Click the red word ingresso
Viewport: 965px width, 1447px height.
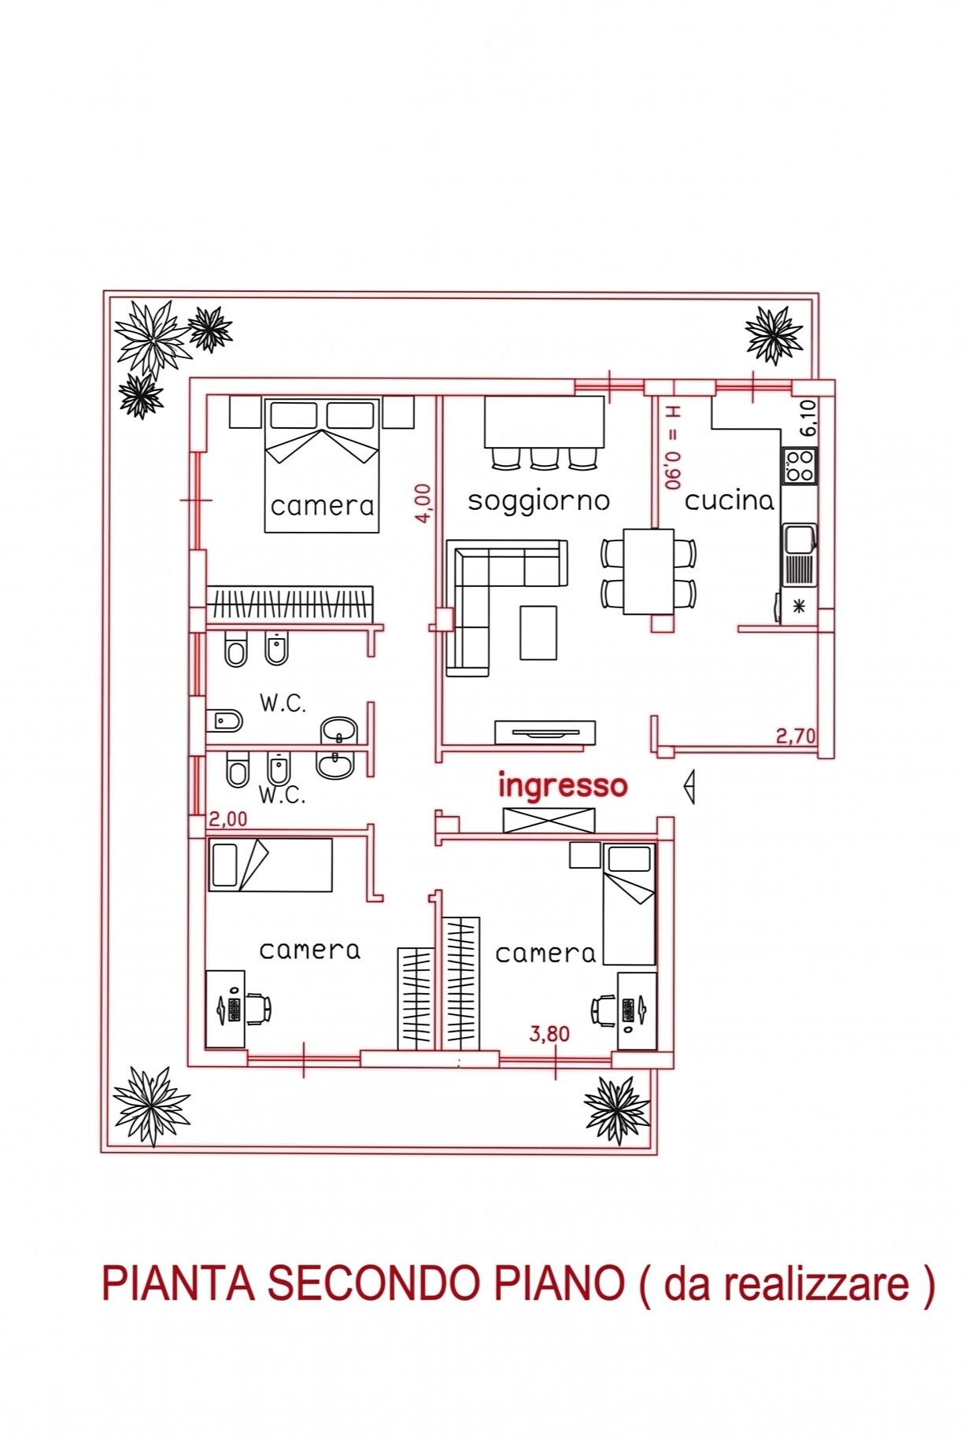pos(563,786)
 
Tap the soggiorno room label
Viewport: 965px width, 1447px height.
pos(538,500)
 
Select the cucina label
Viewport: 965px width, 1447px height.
pos(729,500)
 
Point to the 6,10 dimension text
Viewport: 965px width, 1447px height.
pos(808,417)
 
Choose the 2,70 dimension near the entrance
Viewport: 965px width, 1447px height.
pos(796,736)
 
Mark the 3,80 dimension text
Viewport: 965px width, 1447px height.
pos(549,1033)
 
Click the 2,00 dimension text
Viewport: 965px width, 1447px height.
pos(227,819)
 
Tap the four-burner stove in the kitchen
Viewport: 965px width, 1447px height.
pos(799,465)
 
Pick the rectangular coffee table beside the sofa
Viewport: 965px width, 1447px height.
pos(538,632)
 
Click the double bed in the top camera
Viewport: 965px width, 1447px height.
pos(322,465)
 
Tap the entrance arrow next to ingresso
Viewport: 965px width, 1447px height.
pos(690,787)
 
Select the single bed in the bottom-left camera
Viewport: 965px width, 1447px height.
pos(270,865)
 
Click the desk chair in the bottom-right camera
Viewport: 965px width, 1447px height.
pos(604,1010)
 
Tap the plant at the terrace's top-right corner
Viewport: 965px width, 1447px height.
pos(775,334)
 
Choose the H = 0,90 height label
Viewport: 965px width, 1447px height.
pos(674,447)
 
